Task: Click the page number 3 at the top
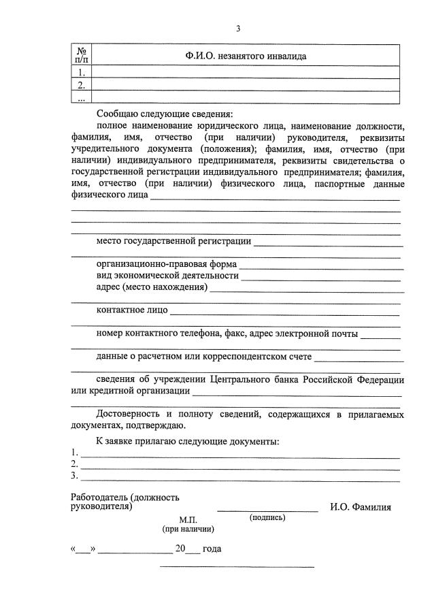(238, 29)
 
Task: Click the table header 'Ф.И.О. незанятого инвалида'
(246, 56)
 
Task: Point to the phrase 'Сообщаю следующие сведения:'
(164, 114)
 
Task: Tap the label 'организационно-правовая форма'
(167, 264)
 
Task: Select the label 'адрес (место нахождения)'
(152, 288)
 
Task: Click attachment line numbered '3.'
(238, 476)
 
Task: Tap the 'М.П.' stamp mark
(188, 519)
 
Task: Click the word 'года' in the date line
(212, 549)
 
